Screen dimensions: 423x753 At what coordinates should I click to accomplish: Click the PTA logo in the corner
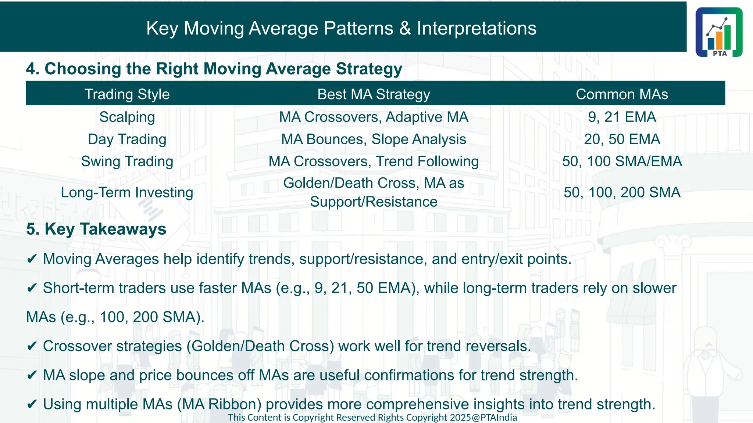719,32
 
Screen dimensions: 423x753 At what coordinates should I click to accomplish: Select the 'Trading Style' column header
127,94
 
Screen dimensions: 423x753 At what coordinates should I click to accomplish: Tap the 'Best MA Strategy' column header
374,94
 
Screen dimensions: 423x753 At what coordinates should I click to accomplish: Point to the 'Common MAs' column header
622,94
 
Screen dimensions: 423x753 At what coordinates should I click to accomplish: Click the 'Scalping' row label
127,117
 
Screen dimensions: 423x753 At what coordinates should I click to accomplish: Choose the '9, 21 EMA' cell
622,117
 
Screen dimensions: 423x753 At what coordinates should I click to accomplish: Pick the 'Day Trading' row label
127,140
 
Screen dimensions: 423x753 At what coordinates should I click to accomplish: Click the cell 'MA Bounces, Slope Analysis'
374,140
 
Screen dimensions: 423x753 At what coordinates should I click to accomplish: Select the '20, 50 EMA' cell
622,140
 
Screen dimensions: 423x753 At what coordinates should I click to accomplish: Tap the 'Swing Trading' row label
127,162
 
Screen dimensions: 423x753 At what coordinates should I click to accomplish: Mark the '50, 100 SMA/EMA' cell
622,162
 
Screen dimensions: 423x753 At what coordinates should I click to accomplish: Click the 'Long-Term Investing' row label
127,192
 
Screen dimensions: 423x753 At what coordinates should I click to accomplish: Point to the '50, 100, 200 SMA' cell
622,192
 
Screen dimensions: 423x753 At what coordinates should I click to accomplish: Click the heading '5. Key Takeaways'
96,229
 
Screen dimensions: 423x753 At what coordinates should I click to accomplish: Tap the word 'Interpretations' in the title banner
477,28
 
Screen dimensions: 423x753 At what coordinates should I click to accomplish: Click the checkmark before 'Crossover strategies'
32,346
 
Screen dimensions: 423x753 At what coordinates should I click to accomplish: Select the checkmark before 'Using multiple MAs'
32,404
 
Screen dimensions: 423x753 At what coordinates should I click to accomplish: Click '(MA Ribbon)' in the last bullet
219,404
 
